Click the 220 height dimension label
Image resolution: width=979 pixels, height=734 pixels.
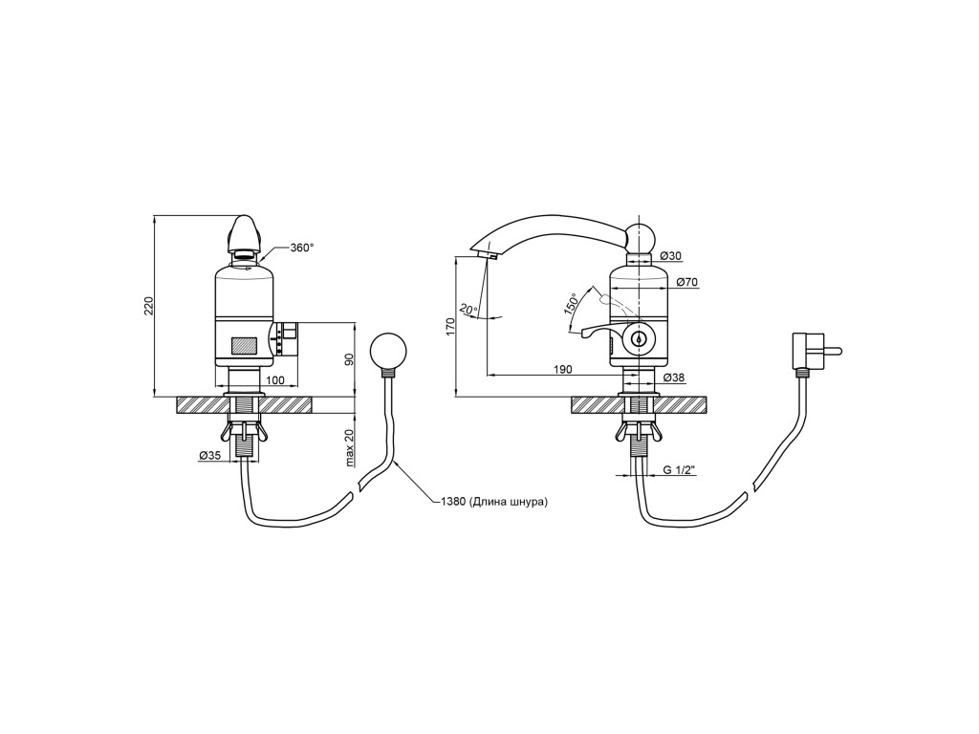point(149,306)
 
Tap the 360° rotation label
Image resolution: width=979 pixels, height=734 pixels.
point(302,248)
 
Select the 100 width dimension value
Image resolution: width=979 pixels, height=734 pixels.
point(274,379)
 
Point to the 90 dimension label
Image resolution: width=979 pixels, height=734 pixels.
point(350,359)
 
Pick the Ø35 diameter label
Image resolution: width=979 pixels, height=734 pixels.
point(209,456)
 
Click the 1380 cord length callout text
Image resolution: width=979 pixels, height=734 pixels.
point(494,501)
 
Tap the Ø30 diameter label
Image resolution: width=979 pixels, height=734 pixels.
point(670,256)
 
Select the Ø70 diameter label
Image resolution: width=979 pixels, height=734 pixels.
point(686,282)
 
